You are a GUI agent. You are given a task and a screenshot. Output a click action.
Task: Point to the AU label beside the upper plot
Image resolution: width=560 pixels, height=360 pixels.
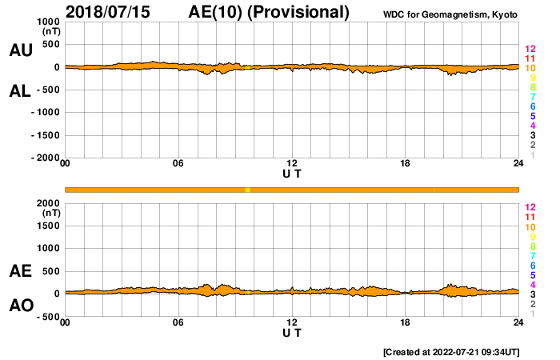[21, 50]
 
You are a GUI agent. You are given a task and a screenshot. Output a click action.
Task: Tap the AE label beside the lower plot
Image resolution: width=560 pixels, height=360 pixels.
[21, 271]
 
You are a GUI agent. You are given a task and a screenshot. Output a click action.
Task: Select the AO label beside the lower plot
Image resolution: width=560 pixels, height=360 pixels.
[21, 305]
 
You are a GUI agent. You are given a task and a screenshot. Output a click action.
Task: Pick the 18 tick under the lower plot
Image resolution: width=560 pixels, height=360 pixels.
[406, 322]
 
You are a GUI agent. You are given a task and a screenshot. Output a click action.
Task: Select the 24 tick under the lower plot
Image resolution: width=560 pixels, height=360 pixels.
[518, 322]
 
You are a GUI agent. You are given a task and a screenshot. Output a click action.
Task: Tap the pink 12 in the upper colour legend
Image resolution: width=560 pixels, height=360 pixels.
[530, 49]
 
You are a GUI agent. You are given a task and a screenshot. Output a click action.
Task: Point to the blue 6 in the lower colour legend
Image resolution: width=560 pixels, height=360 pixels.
[532, 265]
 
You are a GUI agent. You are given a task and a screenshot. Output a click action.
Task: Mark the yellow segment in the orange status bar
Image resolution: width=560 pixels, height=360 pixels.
[247, 190]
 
